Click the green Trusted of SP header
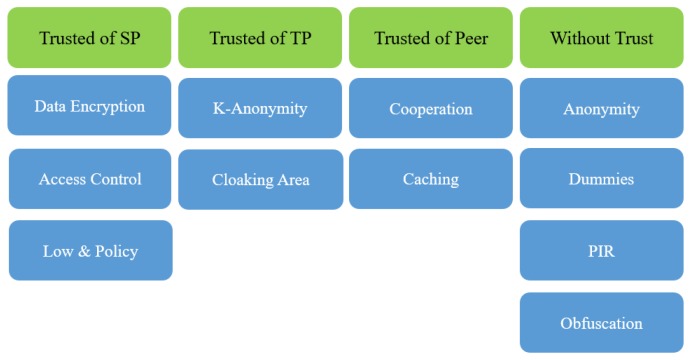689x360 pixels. (x=89, y=38)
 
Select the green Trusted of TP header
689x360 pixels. (x=260, y=38)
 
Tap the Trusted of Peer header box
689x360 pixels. (x=431, y=38)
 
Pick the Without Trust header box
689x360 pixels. (x=601, y=38)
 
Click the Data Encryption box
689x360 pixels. (x=89, y=106)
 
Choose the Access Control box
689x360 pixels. (x=90, y=180)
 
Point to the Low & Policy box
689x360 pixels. (x=90, y=251)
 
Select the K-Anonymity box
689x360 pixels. (x=260, y=108)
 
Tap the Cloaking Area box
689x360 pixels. (x=260, y=180)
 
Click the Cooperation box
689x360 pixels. (x=431, y=108)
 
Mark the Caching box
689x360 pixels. (x=431, y=180)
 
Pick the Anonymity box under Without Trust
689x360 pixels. (x=601, y=109)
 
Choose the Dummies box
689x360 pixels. (x=601, y=180)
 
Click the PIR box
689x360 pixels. (x=601, y=251)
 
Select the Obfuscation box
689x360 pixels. (x=601, y=323)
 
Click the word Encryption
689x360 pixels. (x=109, y=106)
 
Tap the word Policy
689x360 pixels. (x=116, y=251)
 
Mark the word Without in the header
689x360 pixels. (x=579, y=39)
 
